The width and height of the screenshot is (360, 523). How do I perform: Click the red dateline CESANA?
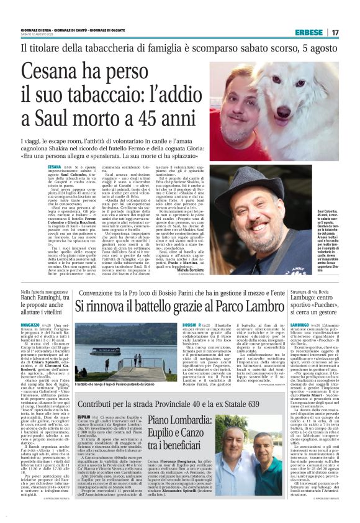point(54,166)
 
